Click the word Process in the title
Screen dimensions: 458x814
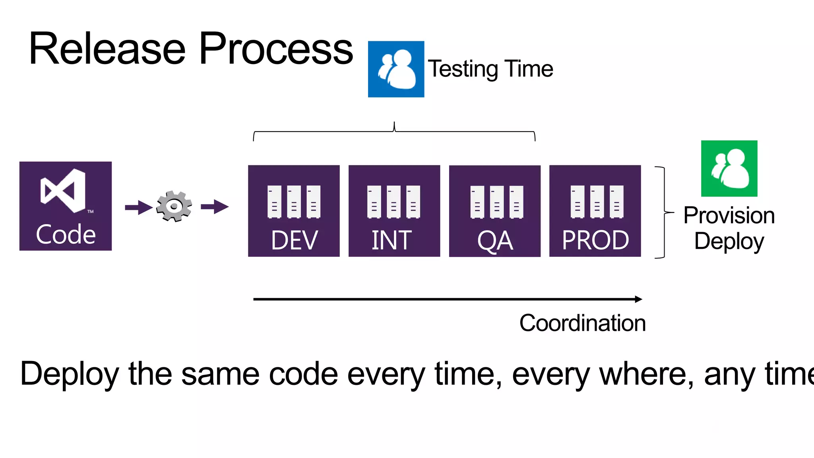276,49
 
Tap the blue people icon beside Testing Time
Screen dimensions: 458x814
396,69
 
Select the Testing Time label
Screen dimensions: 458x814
490,69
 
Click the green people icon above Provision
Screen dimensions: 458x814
729,169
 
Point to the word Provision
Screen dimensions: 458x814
729,215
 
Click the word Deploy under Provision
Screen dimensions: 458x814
729,241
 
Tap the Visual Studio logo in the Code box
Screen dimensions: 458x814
64,191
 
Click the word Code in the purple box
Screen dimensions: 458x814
66,234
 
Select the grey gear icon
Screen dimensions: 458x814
174,206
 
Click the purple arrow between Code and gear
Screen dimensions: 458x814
138,207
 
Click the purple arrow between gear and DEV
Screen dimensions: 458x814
215,207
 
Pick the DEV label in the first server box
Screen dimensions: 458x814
294,240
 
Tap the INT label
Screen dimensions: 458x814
391,240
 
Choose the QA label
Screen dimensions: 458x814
495,241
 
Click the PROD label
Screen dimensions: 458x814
595,240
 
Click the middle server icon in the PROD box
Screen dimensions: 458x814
597,202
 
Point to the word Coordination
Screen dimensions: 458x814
582,323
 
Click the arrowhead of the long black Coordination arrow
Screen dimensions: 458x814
638,299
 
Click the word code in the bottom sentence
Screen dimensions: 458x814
303,374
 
